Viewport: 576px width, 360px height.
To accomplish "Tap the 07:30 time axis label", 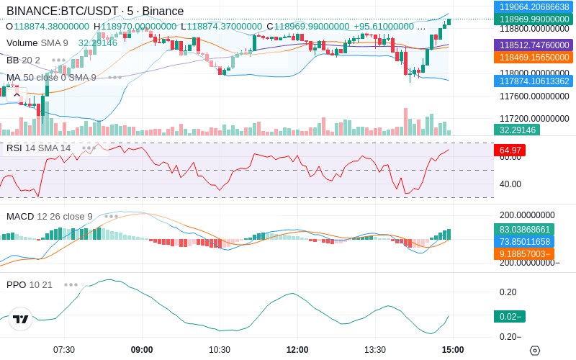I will pos(64,349).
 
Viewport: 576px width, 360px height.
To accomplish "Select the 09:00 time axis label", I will pos(142,349).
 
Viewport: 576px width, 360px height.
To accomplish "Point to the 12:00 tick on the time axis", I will pos(297,349).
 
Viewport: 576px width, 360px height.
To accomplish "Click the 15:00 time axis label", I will pos(453,349).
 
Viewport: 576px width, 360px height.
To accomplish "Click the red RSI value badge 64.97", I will pos(509,150).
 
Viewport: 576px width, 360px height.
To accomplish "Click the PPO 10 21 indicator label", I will pos(30,284).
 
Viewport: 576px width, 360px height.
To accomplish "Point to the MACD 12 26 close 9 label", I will pos(50,216).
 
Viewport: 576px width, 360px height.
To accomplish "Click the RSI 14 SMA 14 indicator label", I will pos(39,148).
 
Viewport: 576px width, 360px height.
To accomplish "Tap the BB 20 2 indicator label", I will pos(23,60).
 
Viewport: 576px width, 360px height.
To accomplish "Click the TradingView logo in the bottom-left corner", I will pos(21,319).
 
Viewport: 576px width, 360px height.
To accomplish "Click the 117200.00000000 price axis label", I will pos(534,118).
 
